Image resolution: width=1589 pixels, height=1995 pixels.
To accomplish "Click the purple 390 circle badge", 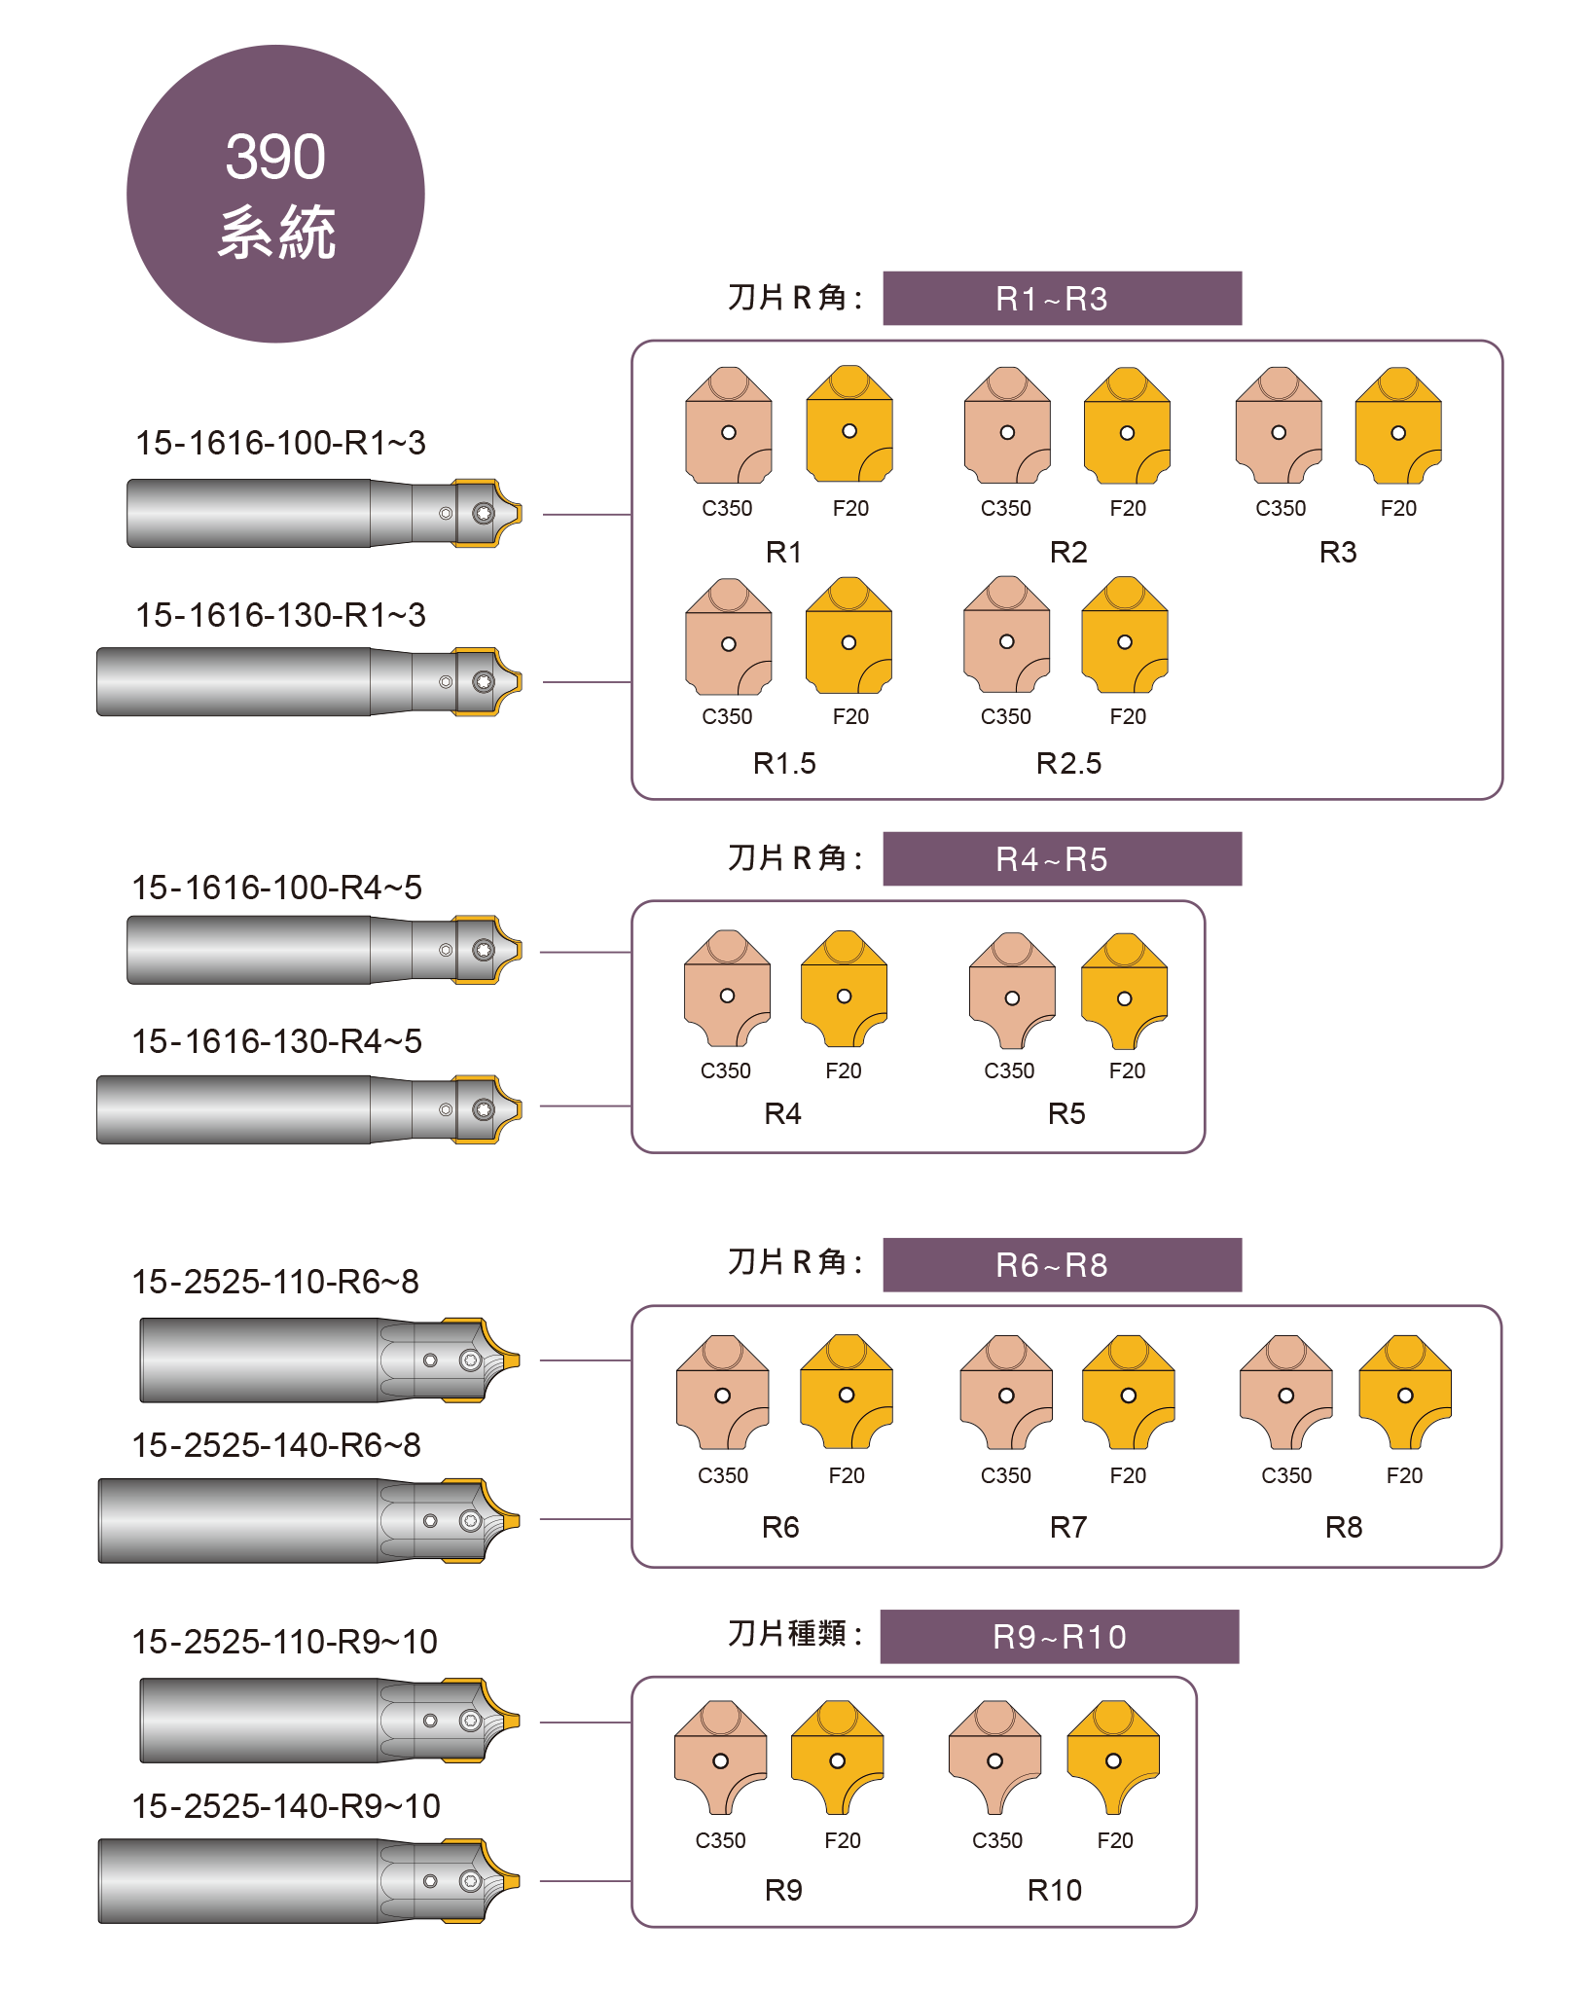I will [x=275, y=194].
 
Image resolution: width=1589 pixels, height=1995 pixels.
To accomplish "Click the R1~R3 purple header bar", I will [x=1062, y=298].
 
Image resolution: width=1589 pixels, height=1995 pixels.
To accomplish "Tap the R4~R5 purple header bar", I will [x=1062, y=858].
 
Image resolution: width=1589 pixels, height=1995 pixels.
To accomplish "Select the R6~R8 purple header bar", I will [x=1062, y=1264].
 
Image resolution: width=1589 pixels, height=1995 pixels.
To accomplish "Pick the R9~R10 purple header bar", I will [x=1059, y=1636].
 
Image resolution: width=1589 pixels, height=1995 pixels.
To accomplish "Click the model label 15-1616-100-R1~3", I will [x=280, y=443].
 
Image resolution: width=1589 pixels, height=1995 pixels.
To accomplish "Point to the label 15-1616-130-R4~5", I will [x=277, y=1041].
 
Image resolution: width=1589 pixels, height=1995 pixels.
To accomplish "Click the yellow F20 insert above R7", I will [x=1128, y=1392].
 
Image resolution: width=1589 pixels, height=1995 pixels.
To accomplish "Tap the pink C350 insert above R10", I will [x=994, y=1757].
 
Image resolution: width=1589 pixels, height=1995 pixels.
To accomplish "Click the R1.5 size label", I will [x=784, y=763].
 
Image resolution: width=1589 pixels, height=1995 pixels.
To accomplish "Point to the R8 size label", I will [x=1344, y=1527].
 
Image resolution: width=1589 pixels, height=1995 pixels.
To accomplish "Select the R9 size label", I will [x=783, y=1890].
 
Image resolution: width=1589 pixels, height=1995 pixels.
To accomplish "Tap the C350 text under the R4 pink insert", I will [x=726, y=1070].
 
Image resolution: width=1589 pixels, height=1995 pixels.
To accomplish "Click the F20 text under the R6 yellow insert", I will [x=847, y=1475].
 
